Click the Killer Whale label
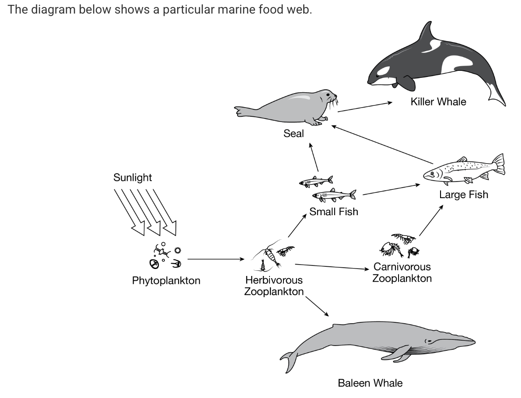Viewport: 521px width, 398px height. coord(438,102)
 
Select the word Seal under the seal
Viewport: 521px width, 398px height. coord(293,133)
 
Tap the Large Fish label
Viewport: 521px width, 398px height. coord(463,195)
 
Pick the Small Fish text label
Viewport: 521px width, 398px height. coord(333,212)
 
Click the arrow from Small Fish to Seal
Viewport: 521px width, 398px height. coord(314,157)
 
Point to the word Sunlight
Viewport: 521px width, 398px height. coord(133,178)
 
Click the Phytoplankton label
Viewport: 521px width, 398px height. coord(166,281)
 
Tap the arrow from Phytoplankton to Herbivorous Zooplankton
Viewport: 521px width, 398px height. coord(215,259)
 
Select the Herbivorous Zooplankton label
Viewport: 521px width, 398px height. coord(274,286)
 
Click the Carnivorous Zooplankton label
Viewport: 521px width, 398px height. coord(402,272)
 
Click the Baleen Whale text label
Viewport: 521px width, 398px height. coord(370,383)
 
